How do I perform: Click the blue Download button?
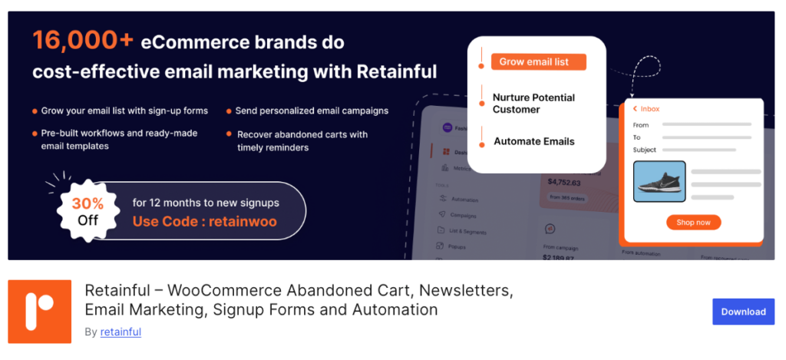pyautogui.click(x=743, y=312)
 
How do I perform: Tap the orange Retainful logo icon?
pyautogui.click(x=39, y=311)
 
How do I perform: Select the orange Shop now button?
pyautogui.click(x=693, y=223)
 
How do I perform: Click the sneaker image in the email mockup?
pyautogui.click(x=659, y=181)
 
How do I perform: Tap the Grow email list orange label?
pyautogui.click(x=538, y=62)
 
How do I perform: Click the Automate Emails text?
pyautogui.click(x=534, y=141)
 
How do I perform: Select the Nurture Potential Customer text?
pyautogui.click(x=533, y=104)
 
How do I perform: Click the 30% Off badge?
pyautogui.click(x=88, y=211)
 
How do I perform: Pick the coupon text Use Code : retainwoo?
pyautogui.click(x=204, y=222)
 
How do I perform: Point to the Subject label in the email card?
pyautogui.click(x=645, y=150)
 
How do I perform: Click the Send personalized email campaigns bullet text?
pyautogui.click(x=312, y=111)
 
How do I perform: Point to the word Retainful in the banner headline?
pyautogui.click(x=396, y=72)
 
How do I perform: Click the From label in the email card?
pyautogui.click(x=641, y=124)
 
